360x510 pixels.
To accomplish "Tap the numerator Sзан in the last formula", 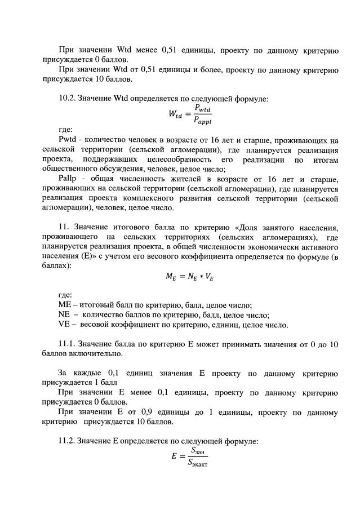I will [198, 450].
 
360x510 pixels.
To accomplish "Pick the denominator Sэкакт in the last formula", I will [198, 463].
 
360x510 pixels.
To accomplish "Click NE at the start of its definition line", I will [64, 314].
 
